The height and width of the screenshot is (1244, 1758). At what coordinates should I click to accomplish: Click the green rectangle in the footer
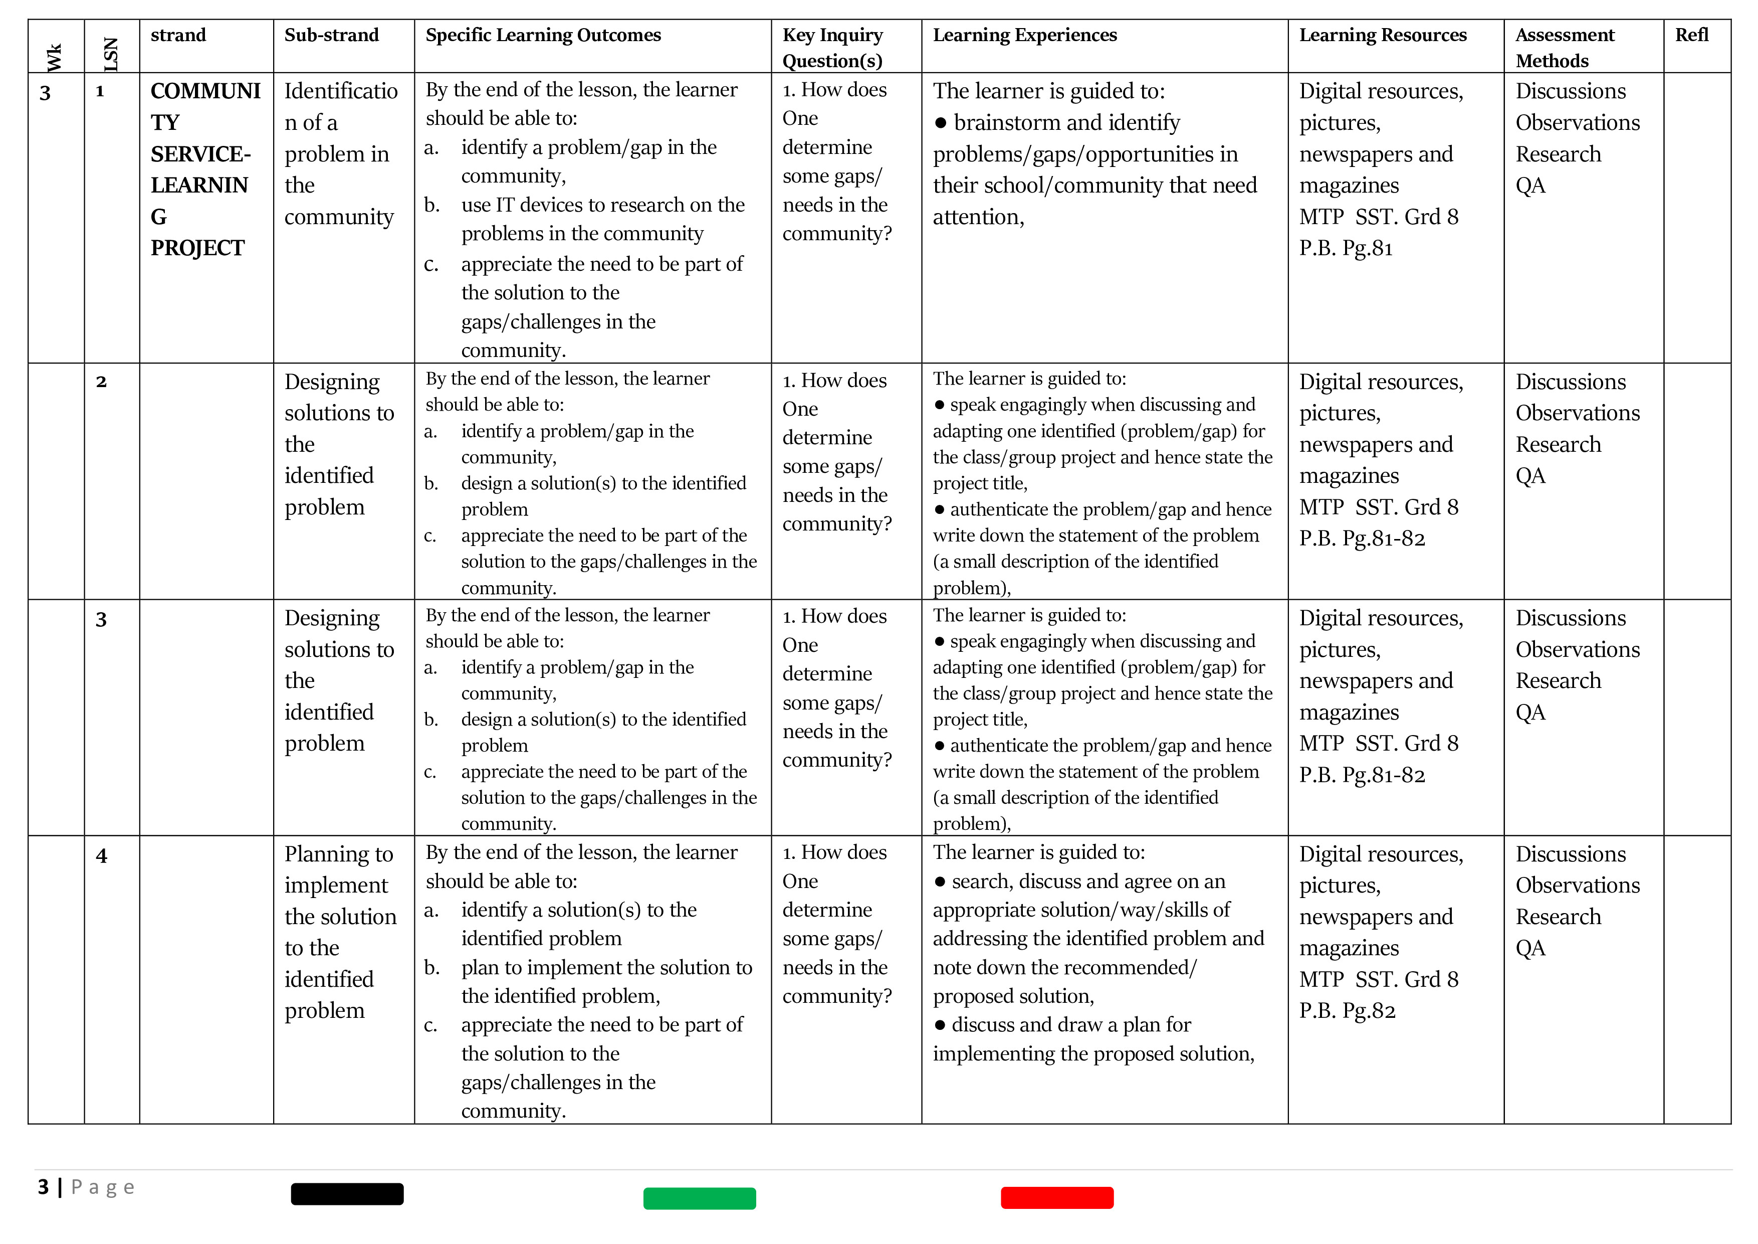(699, 1198)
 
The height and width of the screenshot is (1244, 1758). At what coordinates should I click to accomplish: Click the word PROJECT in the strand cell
(197, 248)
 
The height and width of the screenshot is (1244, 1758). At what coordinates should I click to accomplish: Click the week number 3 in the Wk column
(45, 93)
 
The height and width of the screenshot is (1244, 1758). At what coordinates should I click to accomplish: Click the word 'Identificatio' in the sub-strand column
(341, 91)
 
